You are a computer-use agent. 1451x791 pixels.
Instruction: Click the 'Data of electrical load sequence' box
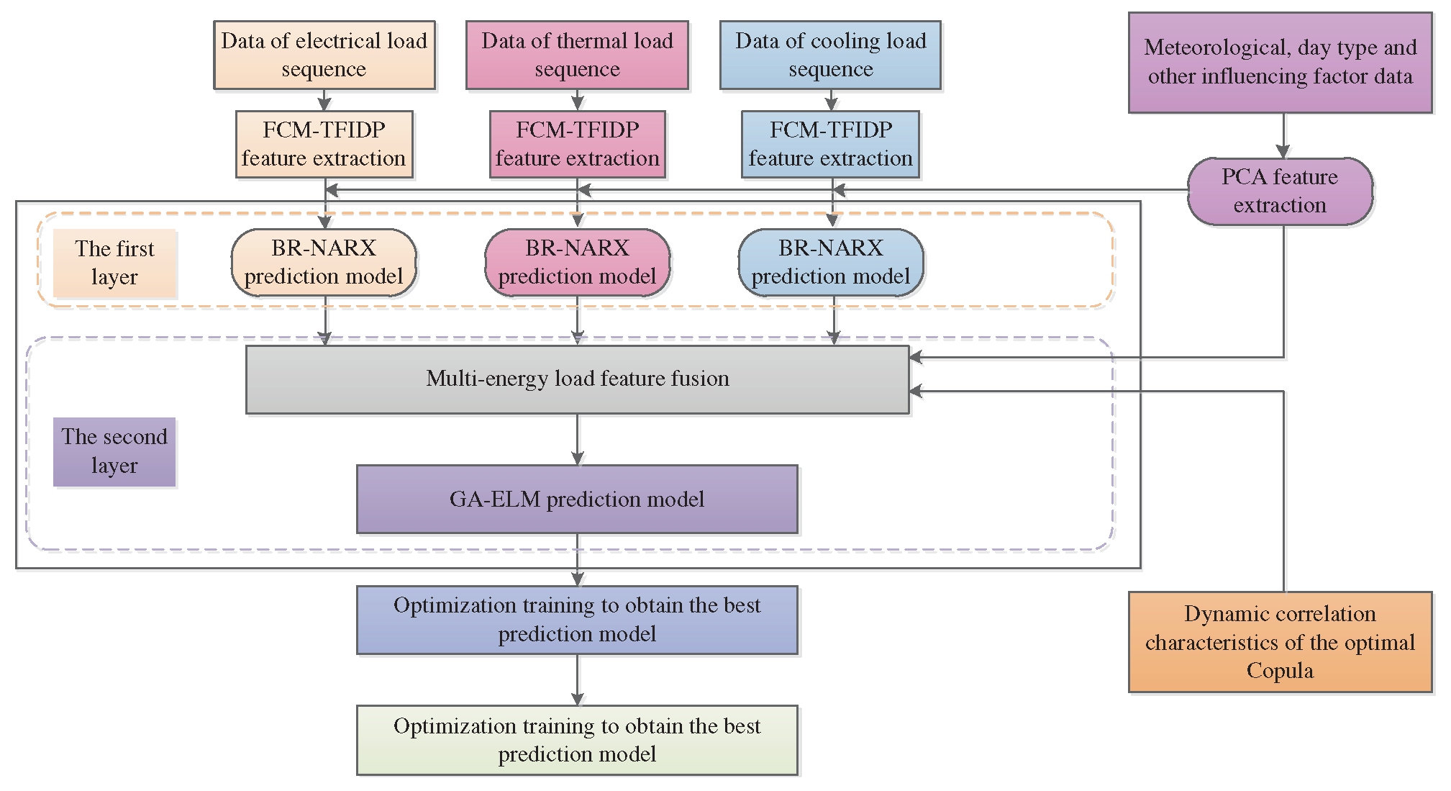[x=324, y=55]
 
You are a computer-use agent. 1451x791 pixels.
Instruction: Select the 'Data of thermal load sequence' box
[x=577, y=55]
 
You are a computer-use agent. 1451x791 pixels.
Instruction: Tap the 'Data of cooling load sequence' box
[x=830, y=55]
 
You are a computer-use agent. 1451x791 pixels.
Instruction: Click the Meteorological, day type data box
[x=1280, y=63]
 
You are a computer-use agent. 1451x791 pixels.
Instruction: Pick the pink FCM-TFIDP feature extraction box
[x=577, y=144]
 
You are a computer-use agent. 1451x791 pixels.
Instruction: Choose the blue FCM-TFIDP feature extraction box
[x=830, y=144]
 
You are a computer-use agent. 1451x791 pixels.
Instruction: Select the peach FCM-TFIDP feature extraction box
[x=324, y=144]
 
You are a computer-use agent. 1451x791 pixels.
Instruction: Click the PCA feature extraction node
[x=1280, y=191]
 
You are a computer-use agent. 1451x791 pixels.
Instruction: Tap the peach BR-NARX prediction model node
[x=324, y=263]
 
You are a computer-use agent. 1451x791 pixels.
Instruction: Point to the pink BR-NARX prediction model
[x=577, y=263]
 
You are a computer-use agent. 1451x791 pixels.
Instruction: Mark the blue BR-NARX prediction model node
[x=830, y=263]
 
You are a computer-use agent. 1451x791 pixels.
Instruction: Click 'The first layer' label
[x=114, y=263]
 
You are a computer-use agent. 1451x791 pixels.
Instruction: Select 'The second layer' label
[x=114, y=452]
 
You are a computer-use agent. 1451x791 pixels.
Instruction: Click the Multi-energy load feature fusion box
[x=577, y=379]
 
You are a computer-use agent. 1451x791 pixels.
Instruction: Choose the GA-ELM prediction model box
[x=577, y=500]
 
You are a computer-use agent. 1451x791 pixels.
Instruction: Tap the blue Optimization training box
[x=577, y=620]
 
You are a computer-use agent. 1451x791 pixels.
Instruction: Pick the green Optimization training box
[x=577, y=740]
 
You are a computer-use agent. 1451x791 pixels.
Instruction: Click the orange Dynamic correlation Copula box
[x=1280, y=642]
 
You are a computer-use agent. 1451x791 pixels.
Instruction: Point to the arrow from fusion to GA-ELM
[x=577, y=440]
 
